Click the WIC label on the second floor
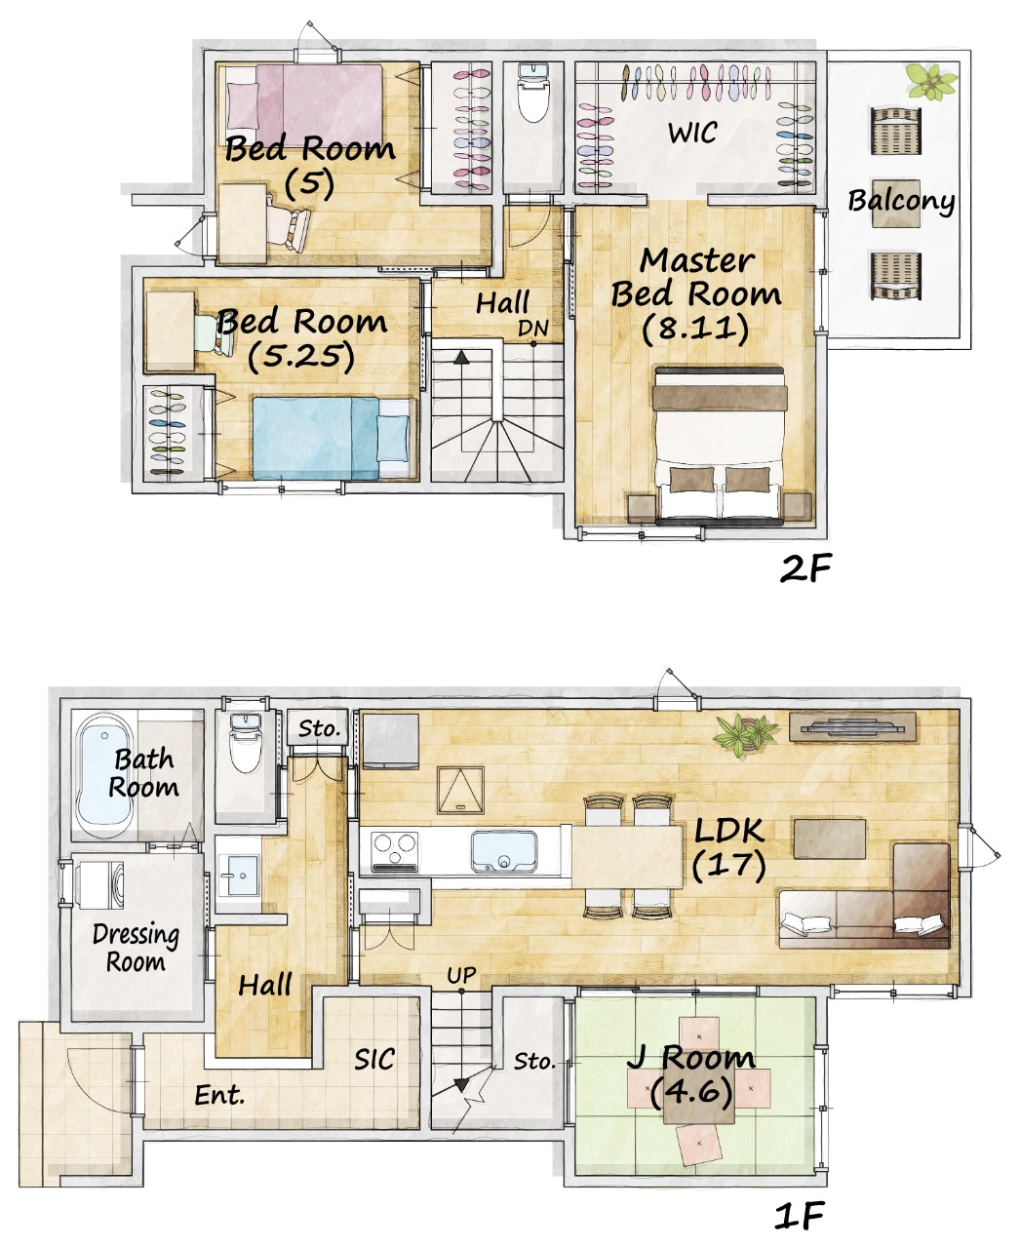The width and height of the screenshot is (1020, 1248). [692, 132]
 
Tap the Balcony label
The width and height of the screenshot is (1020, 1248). [901, 201]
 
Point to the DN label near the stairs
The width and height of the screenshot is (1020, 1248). [532, 328]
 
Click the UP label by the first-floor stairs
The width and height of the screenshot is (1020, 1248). [461, 975]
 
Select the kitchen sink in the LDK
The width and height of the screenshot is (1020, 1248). [504, 853]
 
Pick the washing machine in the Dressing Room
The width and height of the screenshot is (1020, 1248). [101, 884]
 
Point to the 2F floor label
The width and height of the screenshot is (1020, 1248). [805, 568]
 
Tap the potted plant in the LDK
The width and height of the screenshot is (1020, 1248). [745, 734]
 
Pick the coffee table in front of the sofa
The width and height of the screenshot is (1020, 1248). [830, 838]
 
